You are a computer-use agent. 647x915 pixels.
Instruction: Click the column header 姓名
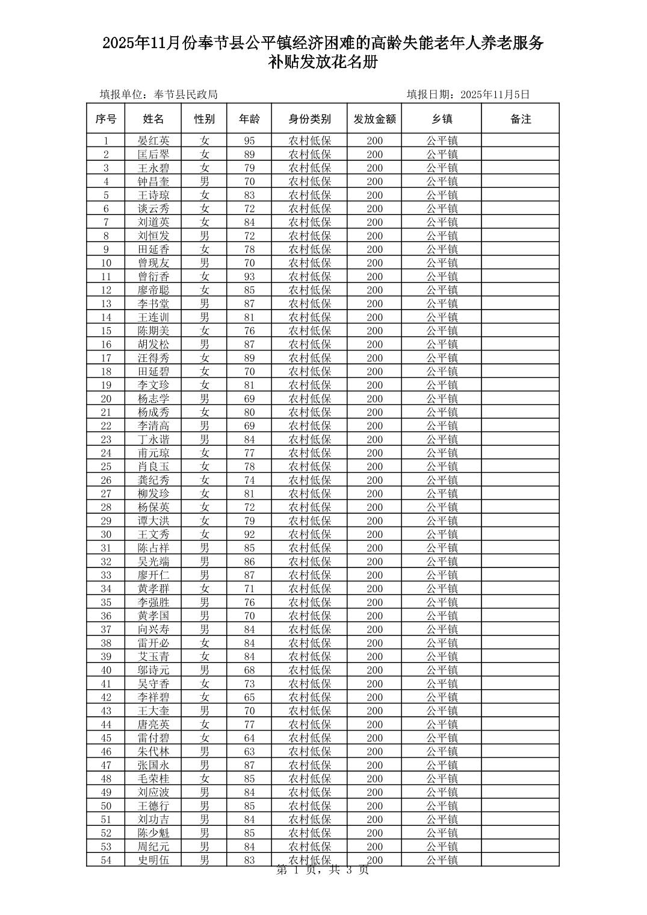click(153, 119)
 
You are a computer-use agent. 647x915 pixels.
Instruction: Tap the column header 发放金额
click(374, 119)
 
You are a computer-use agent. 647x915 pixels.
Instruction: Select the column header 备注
click(521, 119)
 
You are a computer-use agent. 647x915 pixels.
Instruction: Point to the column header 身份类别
click(309, 119)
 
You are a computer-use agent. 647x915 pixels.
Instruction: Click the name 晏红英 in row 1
click(153, 141)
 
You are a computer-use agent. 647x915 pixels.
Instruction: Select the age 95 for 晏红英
click(249, 141)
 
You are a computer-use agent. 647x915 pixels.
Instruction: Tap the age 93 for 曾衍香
click(249, 276)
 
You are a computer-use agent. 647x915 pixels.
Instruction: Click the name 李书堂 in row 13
click(153, 304)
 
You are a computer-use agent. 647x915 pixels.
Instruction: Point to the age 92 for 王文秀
click(249, 534)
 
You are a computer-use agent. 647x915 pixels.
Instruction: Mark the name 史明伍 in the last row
click(153, 860)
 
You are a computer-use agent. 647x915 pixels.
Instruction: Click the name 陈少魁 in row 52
click(153, 833)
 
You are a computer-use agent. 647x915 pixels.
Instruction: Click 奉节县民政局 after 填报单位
click(186, 95)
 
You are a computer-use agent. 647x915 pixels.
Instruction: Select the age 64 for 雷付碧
click(249, 738)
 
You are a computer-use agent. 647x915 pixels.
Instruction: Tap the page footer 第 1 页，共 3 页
click(323, 870)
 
